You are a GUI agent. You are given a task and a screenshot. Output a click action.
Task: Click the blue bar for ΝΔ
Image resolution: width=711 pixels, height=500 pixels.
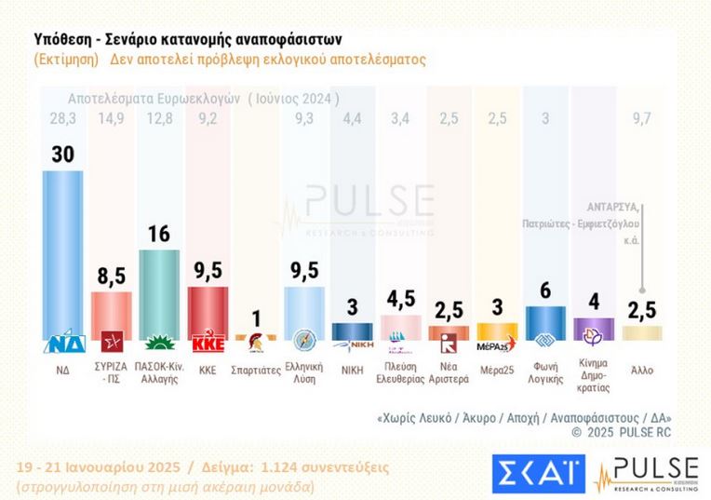click(63, 251)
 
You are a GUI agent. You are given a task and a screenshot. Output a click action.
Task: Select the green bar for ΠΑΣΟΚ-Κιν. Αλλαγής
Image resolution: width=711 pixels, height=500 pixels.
click(159, 292)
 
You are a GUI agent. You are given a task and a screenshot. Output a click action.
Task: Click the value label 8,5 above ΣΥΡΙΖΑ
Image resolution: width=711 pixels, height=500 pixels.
click(112, 277)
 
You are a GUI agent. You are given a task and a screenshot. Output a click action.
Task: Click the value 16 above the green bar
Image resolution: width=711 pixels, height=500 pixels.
click(159, 234)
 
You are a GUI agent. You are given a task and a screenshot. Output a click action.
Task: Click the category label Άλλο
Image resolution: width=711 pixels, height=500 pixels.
click(641, 370)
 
